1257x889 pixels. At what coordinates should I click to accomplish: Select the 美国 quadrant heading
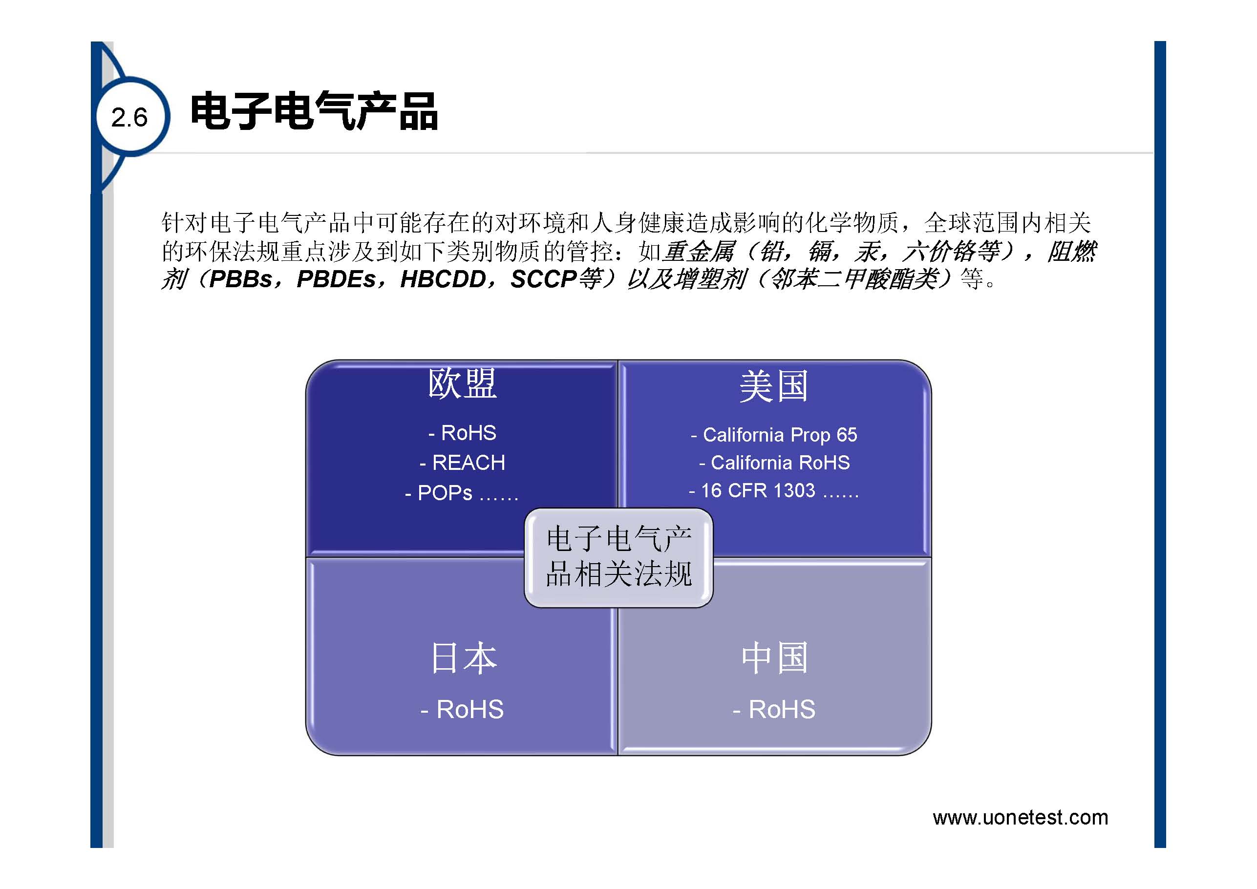click(x=773, y=386)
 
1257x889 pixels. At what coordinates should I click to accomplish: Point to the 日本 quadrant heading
click(x=464, y=657)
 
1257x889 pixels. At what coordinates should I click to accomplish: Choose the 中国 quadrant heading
click(x=775, y=657)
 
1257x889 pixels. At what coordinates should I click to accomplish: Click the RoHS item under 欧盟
click(x=462, y=433)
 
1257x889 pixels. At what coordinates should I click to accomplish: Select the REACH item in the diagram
click(x=462, y=463)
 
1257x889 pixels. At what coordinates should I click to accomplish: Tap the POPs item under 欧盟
click(x=461, y=493)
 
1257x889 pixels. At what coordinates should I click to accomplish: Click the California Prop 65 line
click(x=773, y=435)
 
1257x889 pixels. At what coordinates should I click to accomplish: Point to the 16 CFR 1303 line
click(x=773, y=490)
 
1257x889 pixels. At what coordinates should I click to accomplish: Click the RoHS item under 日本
click(x=462, y=709)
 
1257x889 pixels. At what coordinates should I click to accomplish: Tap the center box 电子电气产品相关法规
click(x=618, y=557)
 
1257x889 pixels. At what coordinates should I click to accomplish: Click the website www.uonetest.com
click(x=1021, y=817)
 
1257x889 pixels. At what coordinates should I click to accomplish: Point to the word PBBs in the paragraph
click(x=241, y=279)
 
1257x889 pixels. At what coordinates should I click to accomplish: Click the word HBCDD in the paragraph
click(x=443, y=279)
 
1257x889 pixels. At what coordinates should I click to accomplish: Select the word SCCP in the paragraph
click(x=544, y=279)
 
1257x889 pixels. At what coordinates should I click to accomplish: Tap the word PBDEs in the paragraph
click(x=336, y=279)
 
